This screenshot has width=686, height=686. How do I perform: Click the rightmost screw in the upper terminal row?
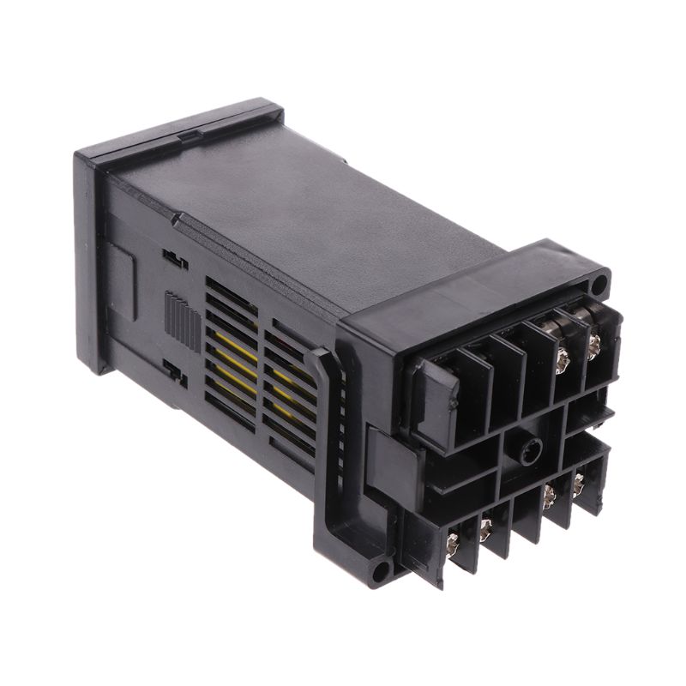593,345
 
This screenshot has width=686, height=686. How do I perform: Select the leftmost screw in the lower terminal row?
453,541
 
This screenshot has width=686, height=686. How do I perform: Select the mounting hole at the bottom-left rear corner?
382,568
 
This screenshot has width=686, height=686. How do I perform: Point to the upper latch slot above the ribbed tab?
174,258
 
